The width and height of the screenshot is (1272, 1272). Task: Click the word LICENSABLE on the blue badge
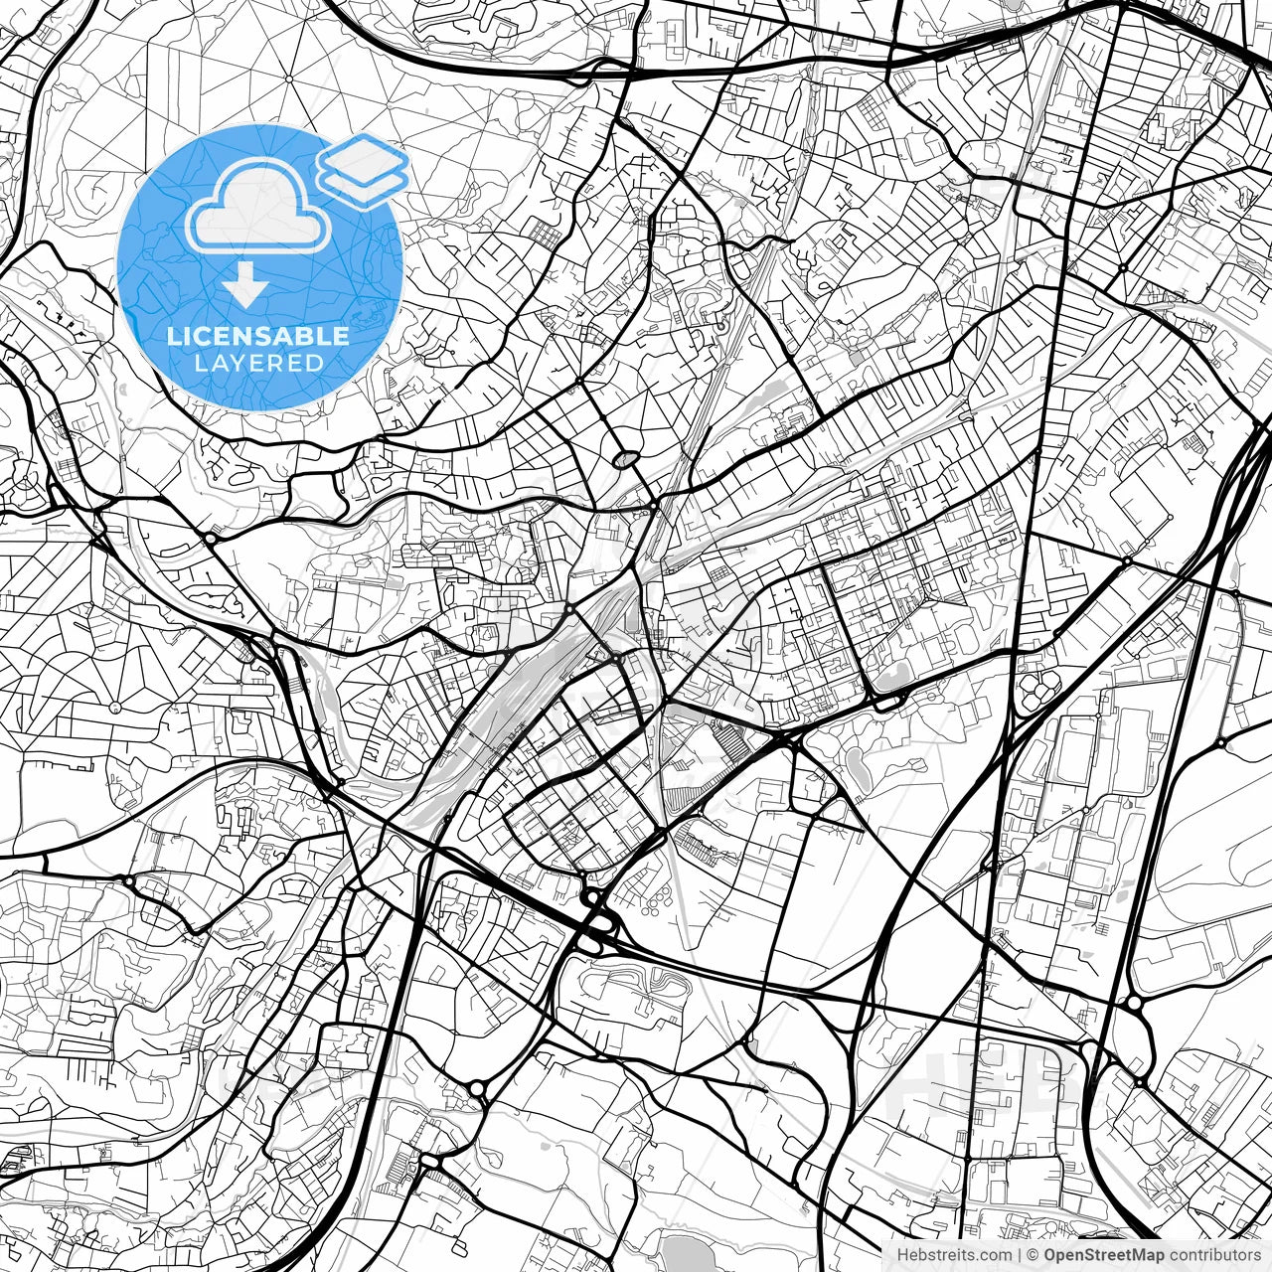coord(258,336)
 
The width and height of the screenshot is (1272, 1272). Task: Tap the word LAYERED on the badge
coord(258,363)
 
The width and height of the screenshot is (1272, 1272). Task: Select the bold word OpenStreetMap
coord(1102,1255)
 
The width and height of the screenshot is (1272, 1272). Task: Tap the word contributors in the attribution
coord(1212,1255)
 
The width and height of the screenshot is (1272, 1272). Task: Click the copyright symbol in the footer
coord(1033,1255)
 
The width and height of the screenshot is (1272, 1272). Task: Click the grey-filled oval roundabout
coord(625,459)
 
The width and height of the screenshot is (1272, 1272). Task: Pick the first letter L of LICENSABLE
coord(173,336)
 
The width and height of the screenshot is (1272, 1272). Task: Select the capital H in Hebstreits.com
coord(902,1255)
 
